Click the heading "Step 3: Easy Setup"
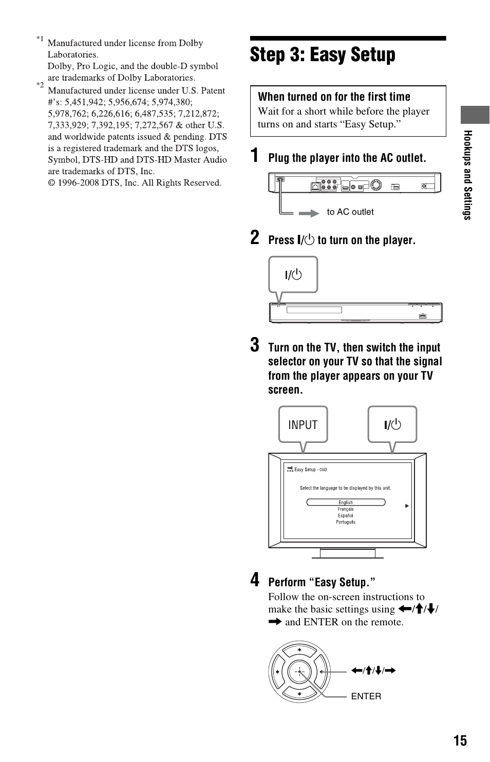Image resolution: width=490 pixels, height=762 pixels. pyautogui.click(x=323, y=55)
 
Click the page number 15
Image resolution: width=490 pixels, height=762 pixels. pyautogui.click(x=460, y=740)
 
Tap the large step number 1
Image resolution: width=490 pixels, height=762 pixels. pyautogui.click(x=255, y=156)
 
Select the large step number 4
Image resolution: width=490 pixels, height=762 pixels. pyautogui.click(x=255, y=580)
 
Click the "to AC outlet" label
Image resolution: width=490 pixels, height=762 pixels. pyautogui.click(x=350, y=212)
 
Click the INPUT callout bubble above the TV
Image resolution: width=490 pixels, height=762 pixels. pyautogui.click(x=303, y=424)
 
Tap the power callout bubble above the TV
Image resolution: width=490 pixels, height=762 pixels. pyautogui.click(x=392, y=424)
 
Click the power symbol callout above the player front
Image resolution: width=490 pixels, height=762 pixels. pyautogui.click(x=293, y=275)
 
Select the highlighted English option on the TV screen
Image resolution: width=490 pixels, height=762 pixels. pyautogui.click(x=346, y=503)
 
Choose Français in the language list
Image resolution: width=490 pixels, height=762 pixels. pyautogui.click(x=346, y=509)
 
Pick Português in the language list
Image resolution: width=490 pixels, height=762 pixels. pyautogui.click(x=346, y=522)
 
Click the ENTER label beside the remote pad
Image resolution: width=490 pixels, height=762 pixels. pyautogui.click(x=366, y=696)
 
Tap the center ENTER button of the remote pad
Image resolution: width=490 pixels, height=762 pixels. pyautogui.click(x=299, y=672)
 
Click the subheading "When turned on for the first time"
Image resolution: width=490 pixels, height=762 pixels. pyautogui.click(x=334, y=97)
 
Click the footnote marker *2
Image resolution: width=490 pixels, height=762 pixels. pyautogui.click(x=40, y=85)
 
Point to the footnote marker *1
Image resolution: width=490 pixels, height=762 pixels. pyautogui.click(x=40, y=39)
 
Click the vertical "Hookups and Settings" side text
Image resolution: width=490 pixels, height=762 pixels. pyautogui.click(x=467, y=175)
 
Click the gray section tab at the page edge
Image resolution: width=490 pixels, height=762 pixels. pyautogui.click(x=475, y=115)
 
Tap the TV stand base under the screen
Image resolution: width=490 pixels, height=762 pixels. pyautogui.click(x=348, y=553)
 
